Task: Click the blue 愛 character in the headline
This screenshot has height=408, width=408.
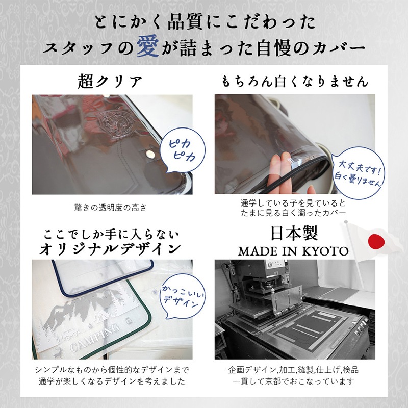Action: coord(147,46)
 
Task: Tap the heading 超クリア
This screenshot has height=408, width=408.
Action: coord(110,82)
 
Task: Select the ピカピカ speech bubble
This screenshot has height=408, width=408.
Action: coord(183,150)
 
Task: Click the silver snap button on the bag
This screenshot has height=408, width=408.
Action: coord(150,155)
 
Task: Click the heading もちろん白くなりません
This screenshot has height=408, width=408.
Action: coord(295,82)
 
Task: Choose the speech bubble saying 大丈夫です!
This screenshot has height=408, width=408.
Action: coord(359,173)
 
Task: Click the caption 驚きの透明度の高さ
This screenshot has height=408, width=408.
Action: coord(111,208)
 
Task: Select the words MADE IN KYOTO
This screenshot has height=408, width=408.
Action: coord(293,251)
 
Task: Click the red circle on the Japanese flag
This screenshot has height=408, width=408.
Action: coord(376,241)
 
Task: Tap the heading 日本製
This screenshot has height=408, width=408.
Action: coord(294,233)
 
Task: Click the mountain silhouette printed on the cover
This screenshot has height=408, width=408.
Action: coord(86,310)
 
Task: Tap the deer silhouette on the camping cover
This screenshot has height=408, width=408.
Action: coord(58,352)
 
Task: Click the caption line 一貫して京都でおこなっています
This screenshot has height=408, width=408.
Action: coord(293,381)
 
